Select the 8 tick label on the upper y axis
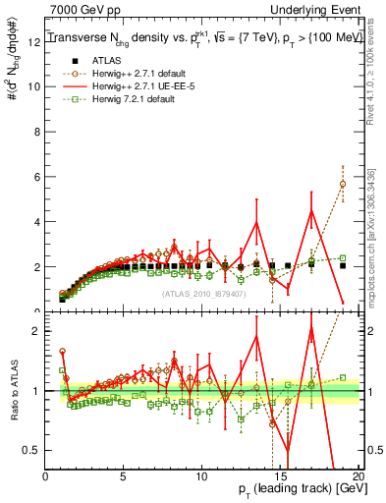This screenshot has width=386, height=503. [x=37, y=131]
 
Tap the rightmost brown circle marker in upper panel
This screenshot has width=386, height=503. [x=343, y=184]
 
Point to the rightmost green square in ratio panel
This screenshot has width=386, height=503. [x=343, y=377]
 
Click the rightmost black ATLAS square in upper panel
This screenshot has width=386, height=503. [x=343, y=265]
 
